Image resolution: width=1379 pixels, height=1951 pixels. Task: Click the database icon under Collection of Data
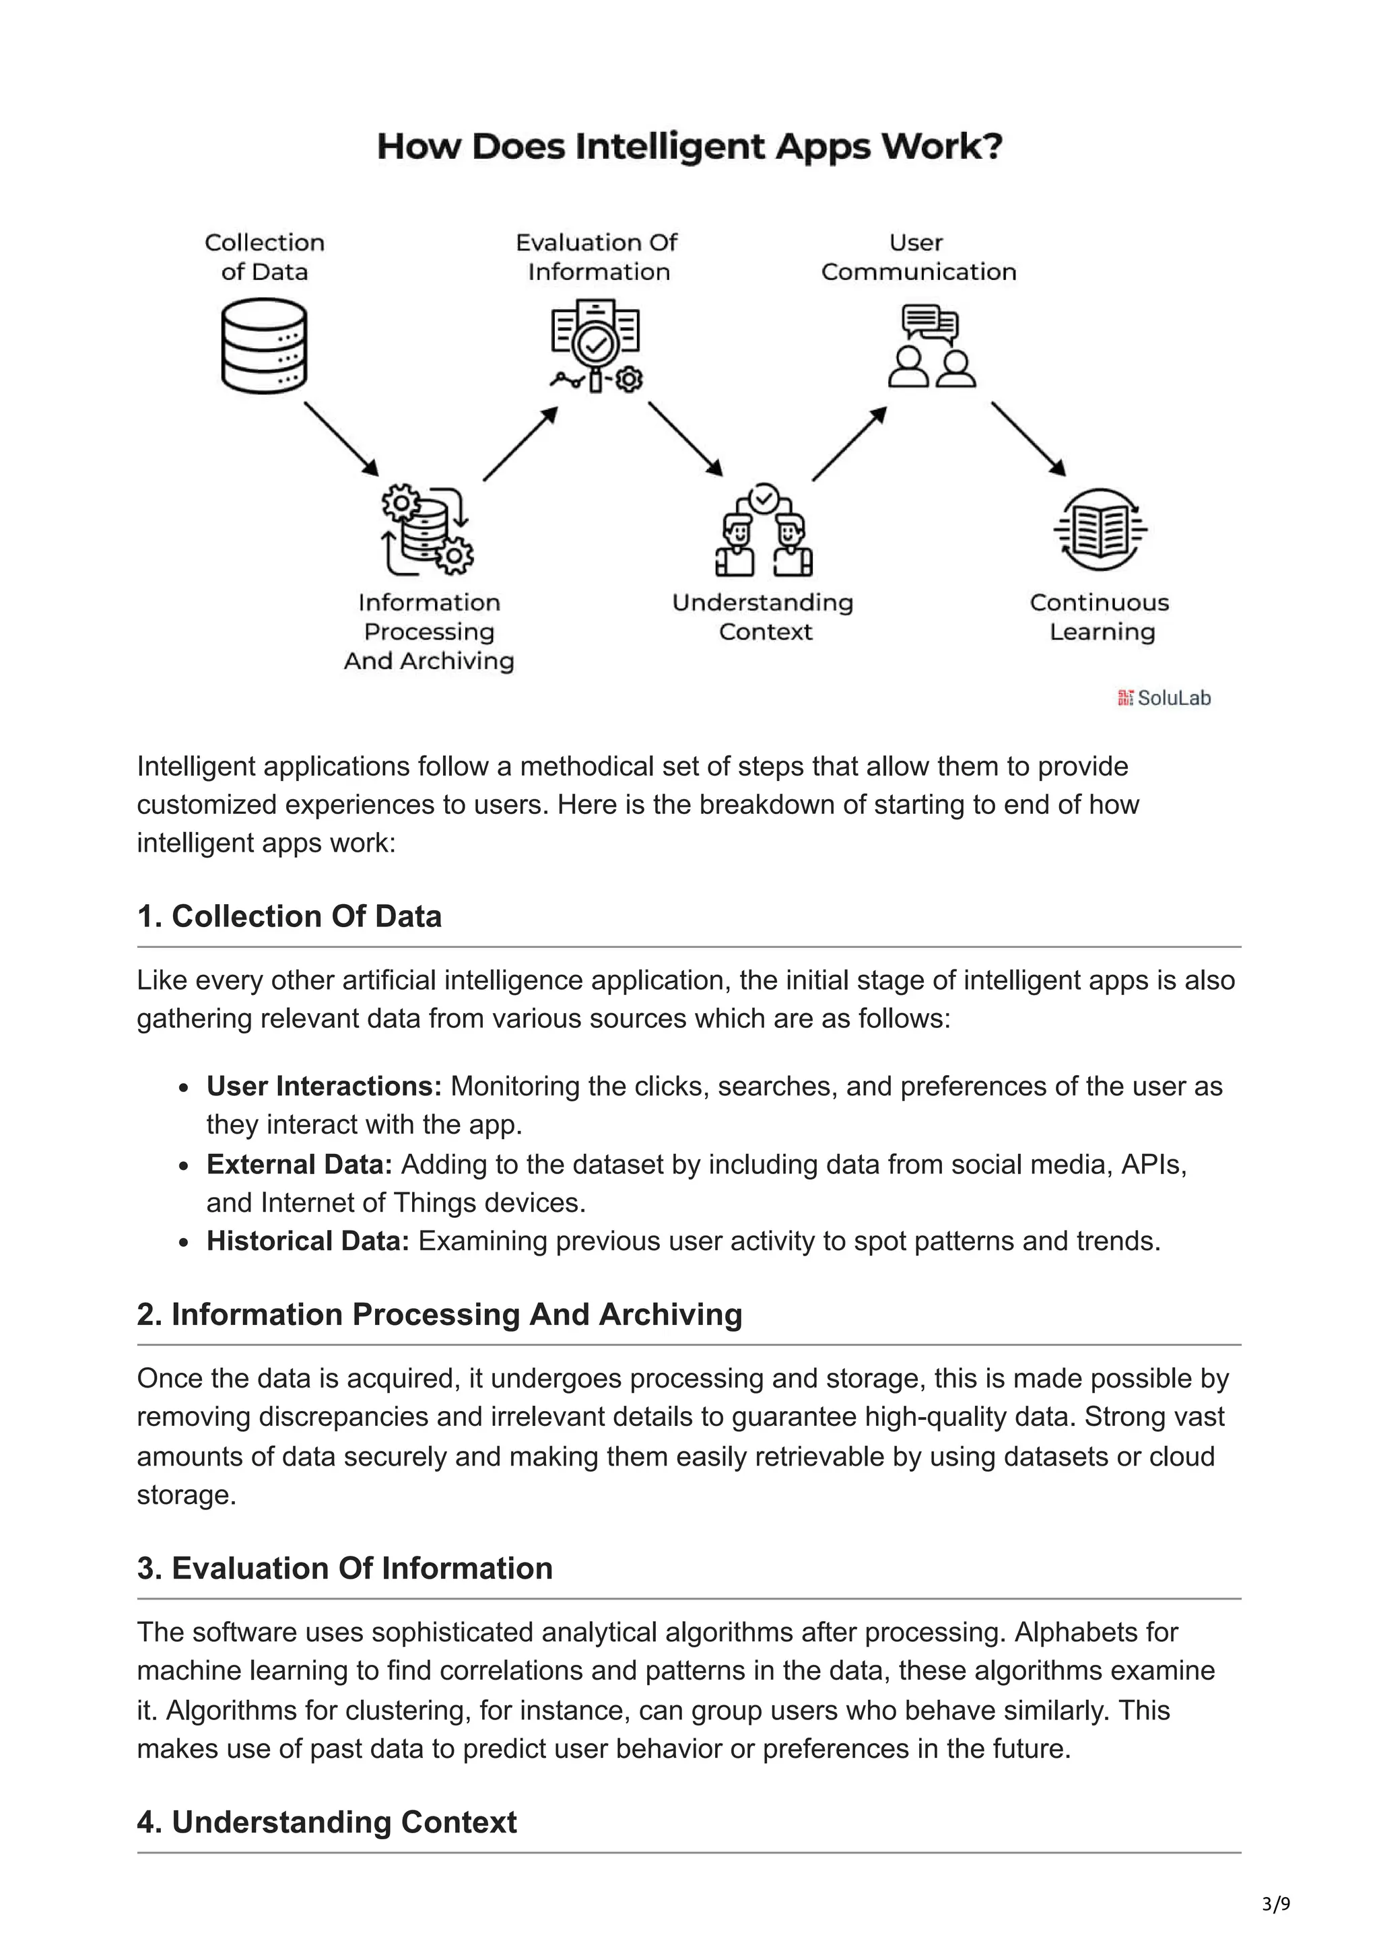[x=263, y=346]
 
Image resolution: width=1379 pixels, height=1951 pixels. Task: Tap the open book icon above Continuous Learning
[x=1100, y=528]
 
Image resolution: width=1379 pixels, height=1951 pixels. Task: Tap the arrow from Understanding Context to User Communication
[x=849, y=444]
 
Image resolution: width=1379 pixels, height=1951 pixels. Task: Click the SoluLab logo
[x=1164, y=699]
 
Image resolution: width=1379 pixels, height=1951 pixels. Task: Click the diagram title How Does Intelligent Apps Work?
[x=689, y=146]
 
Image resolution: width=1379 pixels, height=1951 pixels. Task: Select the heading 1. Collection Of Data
[x=289, y=917]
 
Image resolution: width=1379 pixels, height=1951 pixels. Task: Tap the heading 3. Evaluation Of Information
[x=345, y=1569]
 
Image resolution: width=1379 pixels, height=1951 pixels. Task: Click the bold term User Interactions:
[x=324, y=1087]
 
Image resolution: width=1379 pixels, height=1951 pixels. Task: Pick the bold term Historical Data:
[x=308, y=1241]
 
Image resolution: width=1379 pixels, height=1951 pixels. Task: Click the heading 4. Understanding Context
[x=327, y=1822]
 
